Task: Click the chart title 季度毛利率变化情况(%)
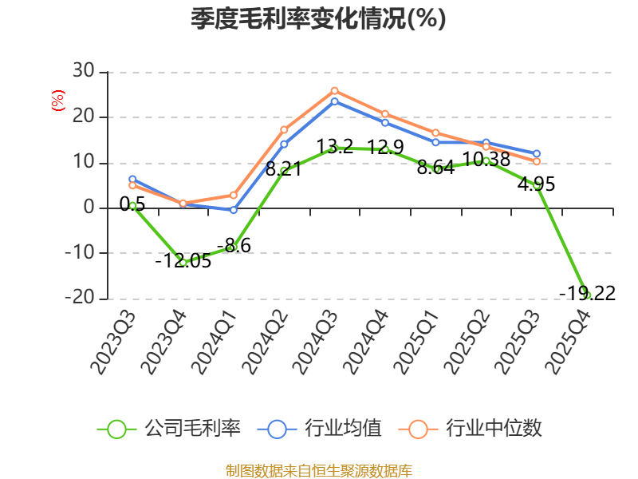318,18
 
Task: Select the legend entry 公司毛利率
169,429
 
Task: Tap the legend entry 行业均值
320,429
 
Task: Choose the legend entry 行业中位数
470,429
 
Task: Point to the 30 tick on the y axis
84,71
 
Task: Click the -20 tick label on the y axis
80,298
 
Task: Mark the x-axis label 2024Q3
315,342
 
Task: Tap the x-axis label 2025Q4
569,342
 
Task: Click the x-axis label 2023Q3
112,342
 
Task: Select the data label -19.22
588,293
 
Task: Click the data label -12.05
183,261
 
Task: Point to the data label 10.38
486,159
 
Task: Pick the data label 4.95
536,184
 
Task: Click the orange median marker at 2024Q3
334,91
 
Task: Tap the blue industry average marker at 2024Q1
234,210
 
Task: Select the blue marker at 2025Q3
537,153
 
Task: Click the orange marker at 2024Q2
284,130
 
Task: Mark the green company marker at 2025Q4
587,295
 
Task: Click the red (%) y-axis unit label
58,101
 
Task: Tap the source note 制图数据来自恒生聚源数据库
318,470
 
